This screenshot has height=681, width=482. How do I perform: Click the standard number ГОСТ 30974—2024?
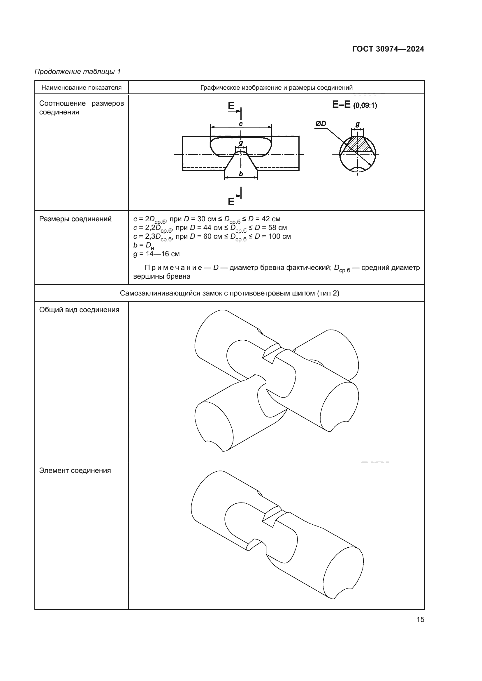click(388, 49)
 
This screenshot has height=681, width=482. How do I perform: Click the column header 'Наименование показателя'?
click(82, 88)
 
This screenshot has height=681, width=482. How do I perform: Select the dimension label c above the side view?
click(241, 124)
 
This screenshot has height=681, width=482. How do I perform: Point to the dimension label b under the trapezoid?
click(241, 174)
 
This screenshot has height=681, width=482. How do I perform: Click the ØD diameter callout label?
click(321, 124)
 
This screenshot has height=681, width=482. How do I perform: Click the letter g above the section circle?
click(358, 124)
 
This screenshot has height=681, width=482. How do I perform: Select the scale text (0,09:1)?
click(365, 106)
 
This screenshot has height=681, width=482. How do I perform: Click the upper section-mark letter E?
click(231, 106)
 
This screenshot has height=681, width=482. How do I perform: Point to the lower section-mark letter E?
click(231, 202)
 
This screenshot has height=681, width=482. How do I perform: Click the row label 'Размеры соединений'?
click(75, 219)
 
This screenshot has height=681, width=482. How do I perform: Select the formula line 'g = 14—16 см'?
click(156, 254)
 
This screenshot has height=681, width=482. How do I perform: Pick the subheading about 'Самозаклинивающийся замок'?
click(229, 293)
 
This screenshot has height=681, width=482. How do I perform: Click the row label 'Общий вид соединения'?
click(79, 310)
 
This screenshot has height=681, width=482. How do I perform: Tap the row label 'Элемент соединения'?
click(75, 470)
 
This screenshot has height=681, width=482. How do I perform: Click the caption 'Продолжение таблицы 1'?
click(78, 72)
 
